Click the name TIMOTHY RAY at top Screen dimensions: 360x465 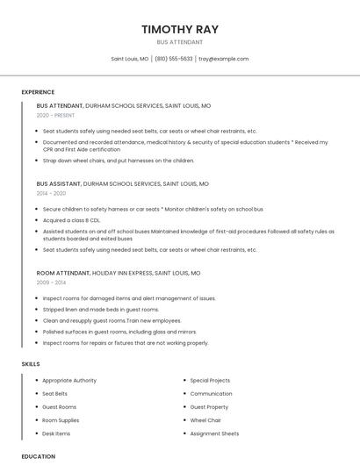click(x=179, y=29)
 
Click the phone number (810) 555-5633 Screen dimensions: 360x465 click(x=174, y=59)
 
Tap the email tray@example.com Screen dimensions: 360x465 click(x=223, y=59)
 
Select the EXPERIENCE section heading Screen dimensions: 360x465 click(x=38, y=92)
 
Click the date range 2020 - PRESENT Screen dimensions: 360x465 click(x=55, y=115)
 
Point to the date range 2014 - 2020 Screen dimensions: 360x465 click(x=51, y=193)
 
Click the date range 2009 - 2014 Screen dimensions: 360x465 click(x=51, y=283)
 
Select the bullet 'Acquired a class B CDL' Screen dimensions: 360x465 click(x=71, y=220)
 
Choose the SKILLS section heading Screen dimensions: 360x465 click(x=31, y=363)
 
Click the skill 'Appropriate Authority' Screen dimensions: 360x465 click(x=69, y=381)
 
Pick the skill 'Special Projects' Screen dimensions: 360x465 click(x=210, y=381)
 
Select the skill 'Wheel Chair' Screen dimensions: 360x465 click(x=205, y=420)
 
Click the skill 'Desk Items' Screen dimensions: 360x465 click(x=56, y=433)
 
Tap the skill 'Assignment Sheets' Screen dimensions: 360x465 click(x=214, y=433)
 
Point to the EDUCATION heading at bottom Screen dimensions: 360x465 click(x=39, y=456)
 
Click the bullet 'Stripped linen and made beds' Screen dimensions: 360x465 click(x=100, y=310)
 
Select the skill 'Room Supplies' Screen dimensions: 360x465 click(x=61, y=420)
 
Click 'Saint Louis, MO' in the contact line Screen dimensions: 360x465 click(x=130, y=59)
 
